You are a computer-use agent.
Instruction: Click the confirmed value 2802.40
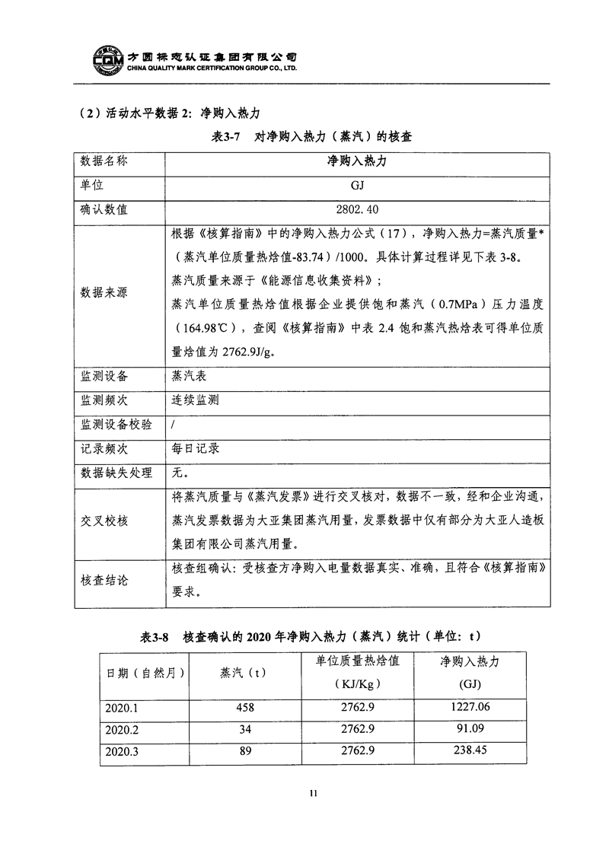pos(352,209)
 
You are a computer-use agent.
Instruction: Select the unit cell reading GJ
pos(352,185)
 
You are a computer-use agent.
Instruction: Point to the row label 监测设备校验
pos(116,424)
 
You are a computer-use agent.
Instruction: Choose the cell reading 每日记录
pos(196,448)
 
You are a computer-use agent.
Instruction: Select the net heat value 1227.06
pos(470,707)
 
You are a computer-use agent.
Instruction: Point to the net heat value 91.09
pos(470,729)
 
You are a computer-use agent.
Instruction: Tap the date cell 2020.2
pos(122,729)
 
